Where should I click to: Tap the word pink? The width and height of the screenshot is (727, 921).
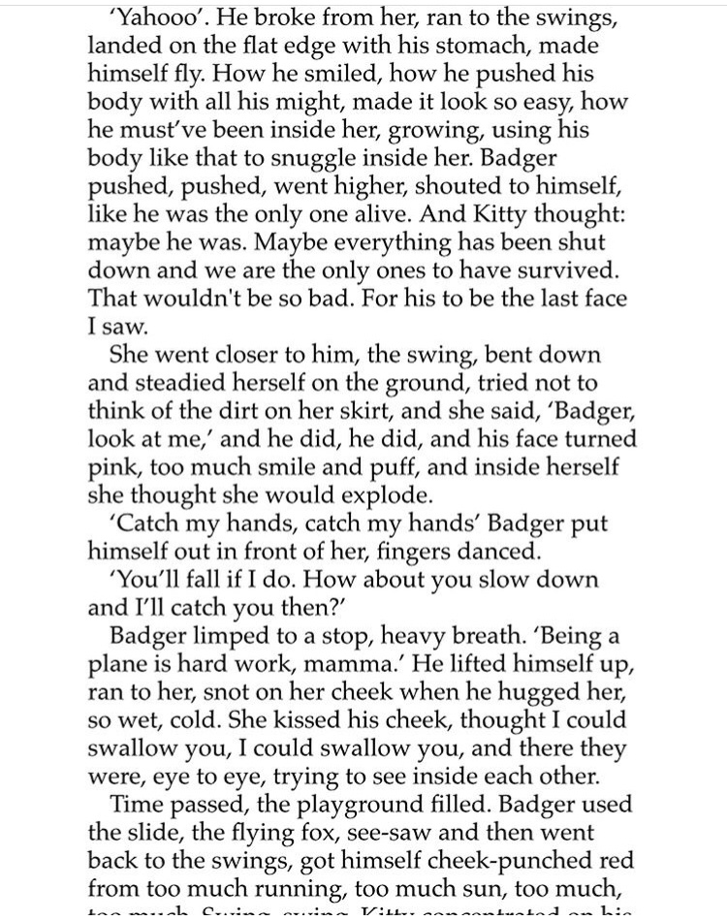(x=107, y=466)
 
